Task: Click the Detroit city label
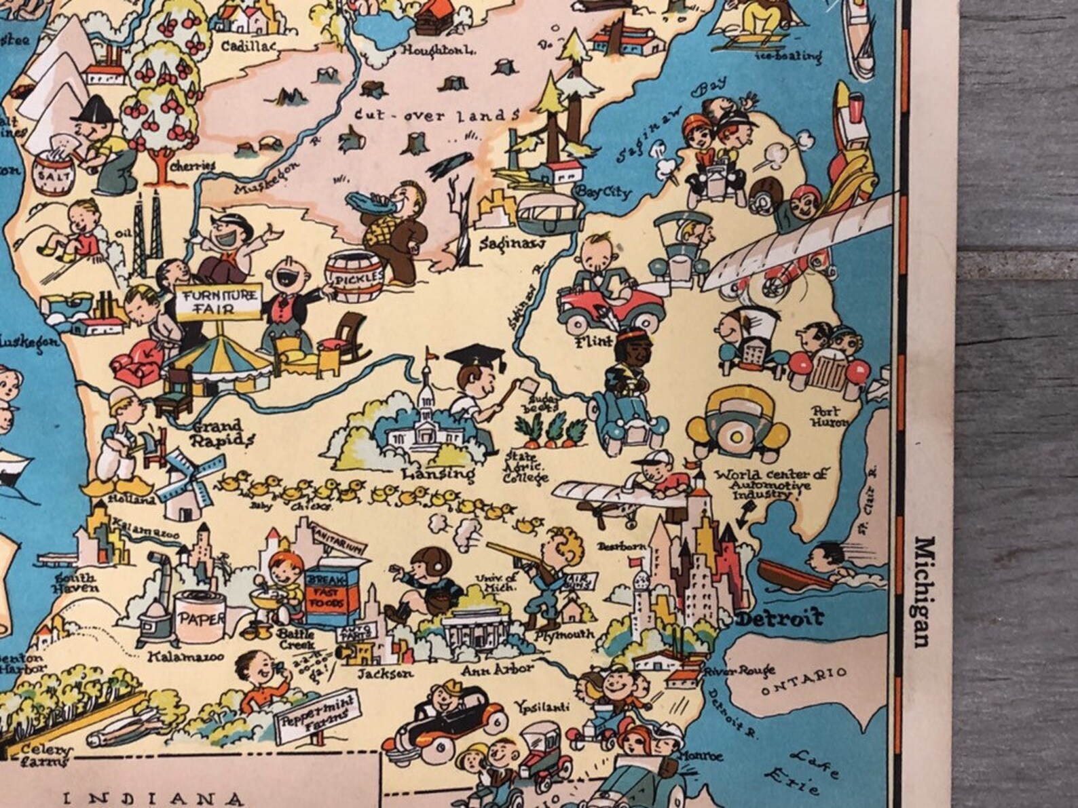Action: pos(780,618)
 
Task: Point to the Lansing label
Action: pos(438,473)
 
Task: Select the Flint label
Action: pos(590,342)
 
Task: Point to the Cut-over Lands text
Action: pos(437,116)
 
